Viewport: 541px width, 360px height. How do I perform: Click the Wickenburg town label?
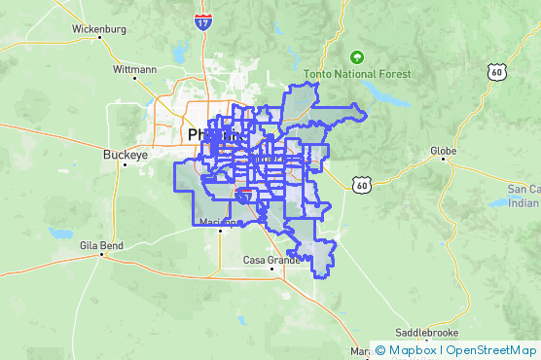99,28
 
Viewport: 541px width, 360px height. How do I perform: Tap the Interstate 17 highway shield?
201,21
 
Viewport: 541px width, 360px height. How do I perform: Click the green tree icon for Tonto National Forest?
356,56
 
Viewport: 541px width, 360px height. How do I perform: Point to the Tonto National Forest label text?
358,73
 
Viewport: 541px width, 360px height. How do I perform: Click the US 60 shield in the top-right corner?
498,72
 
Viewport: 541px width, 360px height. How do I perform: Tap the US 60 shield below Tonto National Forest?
362,183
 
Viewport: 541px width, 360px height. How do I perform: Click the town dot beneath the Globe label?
443,160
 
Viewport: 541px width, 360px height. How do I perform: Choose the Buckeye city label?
124,154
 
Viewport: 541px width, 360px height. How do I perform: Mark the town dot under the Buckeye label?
125,164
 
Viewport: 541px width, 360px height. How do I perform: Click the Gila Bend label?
102,246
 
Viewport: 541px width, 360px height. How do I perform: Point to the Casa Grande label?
268,260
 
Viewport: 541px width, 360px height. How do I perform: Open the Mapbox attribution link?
406,350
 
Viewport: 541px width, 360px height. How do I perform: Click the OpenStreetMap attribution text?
491,350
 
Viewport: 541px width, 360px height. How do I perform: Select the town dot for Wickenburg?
99,39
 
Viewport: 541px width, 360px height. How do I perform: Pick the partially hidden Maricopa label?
209,223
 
